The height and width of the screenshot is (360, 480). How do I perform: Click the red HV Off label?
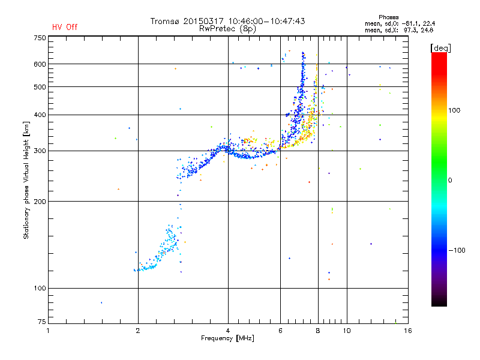coord(65,27)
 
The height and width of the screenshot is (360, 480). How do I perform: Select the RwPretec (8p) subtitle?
coord(227,29)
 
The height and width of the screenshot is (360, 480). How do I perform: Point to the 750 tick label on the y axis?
coord(40,38)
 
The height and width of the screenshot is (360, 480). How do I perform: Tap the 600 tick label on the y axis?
coord(40,64)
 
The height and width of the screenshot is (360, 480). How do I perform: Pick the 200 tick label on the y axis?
coord(40,202)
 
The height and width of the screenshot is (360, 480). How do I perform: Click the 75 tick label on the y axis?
coord(42,322)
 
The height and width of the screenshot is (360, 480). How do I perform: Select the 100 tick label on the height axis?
coord(40,289)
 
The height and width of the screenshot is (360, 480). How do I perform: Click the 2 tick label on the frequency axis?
coord(138,331)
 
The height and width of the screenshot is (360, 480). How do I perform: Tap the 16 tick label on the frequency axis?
coord(408,331)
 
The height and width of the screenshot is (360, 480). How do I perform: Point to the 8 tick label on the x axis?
coord(318,331)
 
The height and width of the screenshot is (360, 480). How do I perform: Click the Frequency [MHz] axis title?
coord(228,338)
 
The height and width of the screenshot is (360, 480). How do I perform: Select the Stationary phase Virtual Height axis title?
coord(26,180)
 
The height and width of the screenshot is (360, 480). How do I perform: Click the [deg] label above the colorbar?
coord(440,48)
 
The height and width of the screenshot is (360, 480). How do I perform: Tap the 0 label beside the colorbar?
coord(450,181)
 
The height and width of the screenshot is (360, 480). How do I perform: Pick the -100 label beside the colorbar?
coord(457,250)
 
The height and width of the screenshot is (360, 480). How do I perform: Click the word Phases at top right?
coord(389,17)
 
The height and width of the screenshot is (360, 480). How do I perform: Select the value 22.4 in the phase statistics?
coord(429,23)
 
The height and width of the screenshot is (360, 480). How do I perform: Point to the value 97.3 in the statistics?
coord(410,30)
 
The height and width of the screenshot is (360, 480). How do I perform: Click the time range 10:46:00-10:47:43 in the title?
coord(266,21)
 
